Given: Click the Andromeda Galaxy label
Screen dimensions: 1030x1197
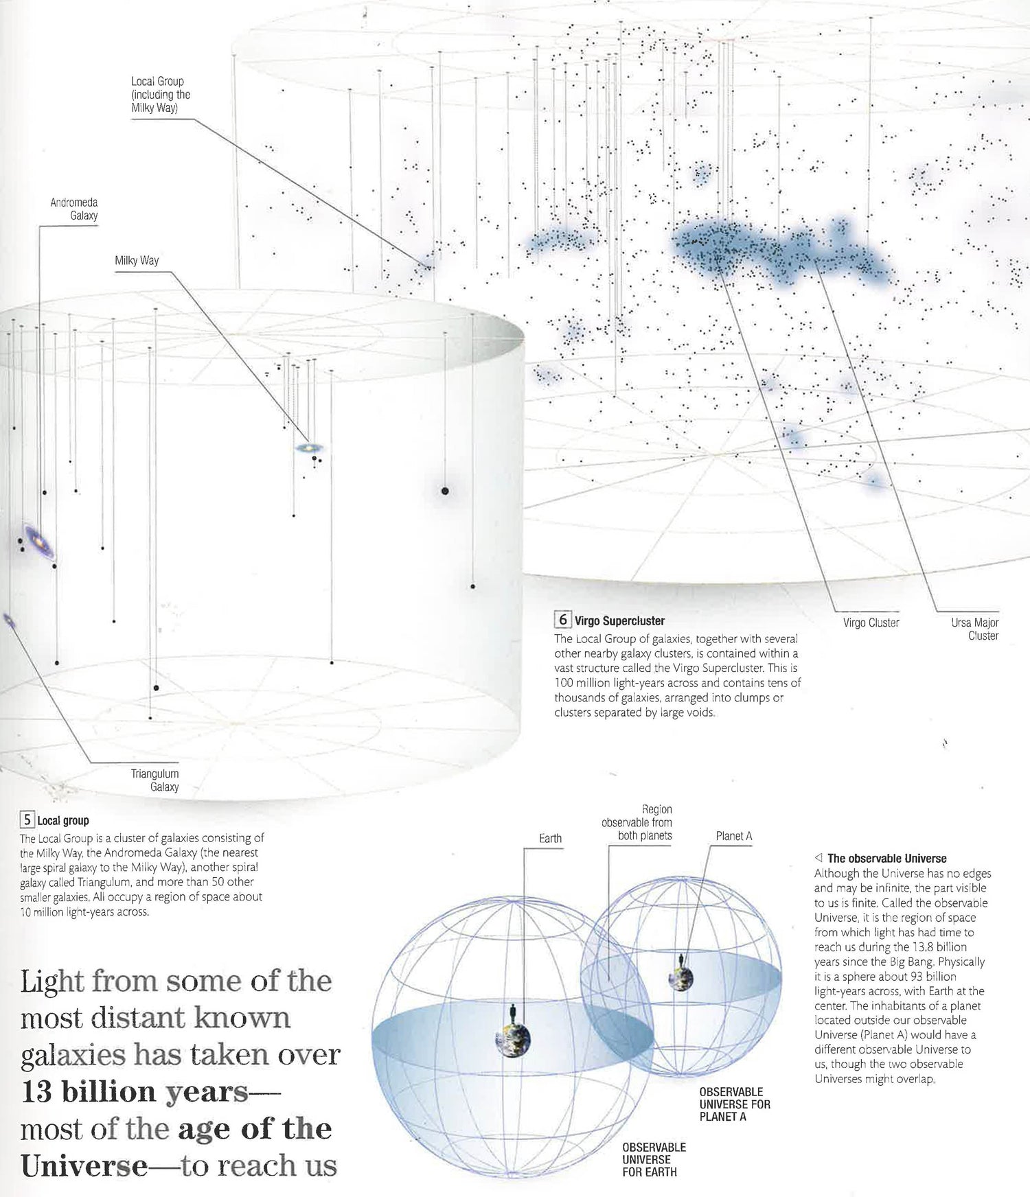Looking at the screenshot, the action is click(74, 209).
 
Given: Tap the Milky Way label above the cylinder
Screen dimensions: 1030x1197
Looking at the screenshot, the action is click(137, 261).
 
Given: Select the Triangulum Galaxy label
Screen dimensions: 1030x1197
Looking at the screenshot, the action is click(154, 780).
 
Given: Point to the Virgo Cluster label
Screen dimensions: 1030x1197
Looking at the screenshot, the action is click(871, 623).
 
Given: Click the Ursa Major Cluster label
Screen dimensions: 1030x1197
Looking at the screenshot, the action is click(974, 629).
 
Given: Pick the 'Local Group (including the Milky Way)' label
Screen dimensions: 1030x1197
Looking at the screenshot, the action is click(161, 95).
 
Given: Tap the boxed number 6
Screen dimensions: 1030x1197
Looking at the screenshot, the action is click(562, 620).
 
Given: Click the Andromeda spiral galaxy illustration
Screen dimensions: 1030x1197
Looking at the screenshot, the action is click(38, 542).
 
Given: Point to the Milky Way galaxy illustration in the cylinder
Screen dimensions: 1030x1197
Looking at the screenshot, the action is click(310, 448).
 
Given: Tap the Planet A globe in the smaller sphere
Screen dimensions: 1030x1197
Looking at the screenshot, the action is click(680, 977).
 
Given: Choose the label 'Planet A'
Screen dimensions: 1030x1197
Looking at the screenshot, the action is click(734, 836).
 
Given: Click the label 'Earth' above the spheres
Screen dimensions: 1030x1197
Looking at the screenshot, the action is click(550, 838).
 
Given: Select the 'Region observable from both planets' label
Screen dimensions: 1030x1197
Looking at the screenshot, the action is click(637, 822).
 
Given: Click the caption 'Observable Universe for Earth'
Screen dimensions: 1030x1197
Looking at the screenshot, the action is click(654, 1159).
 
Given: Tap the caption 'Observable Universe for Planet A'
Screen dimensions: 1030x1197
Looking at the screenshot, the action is click(735, 1104).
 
